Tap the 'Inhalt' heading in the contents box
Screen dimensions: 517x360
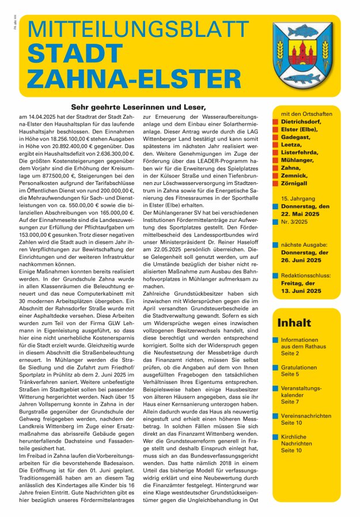click(294, 323)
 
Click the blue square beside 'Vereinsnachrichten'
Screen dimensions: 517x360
click(276, 416)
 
